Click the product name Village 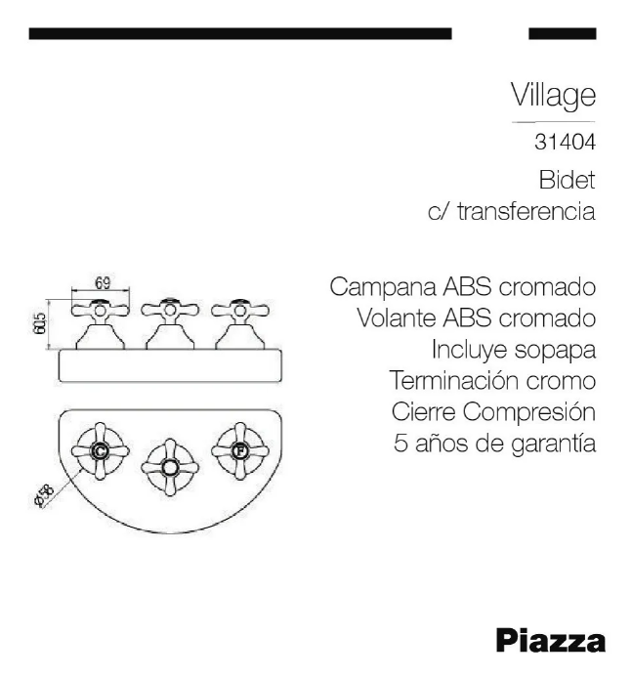[x=554, y=95]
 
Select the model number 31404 [x=565, y=142]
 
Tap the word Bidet [x=567, y=180]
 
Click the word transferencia [x=527, y=212]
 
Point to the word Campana [x=383, y=287]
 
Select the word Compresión [x=529, y=413]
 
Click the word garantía [x=554, y=444]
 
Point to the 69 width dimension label [x=103, y=282]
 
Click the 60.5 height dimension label [x=39, y=323]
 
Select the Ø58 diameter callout [x=44, y=495]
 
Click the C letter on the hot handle [x=100, y=451]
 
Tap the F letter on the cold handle [x=239, y=451]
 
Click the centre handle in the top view [x=170, y=468]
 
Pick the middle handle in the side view [x=170, y=323]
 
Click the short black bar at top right [x=563, y=33]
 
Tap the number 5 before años [x=400, y=444]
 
